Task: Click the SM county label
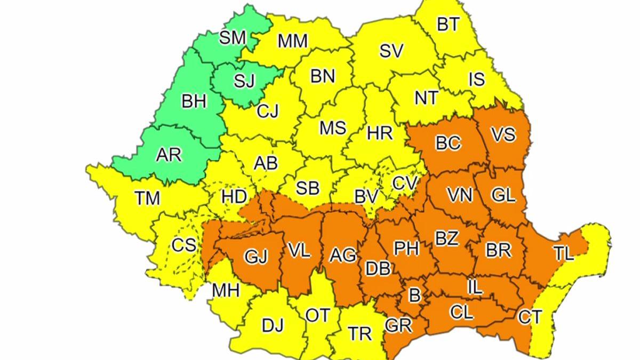[233, 38]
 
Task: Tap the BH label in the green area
[194, 101]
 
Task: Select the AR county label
[169, 155]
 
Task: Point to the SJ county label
[245, 81]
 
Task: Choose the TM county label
[147, 198]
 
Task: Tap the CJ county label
[268, 112]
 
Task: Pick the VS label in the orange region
[503, 134]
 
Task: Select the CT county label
[530, 317]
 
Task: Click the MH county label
[226, 291]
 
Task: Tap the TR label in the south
[359, 334]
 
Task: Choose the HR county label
[380, 132]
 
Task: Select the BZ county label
[446, 238]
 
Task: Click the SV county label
[391, 51]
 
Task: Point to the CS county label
[184, 245]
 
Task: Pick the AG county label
[342, 255]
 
